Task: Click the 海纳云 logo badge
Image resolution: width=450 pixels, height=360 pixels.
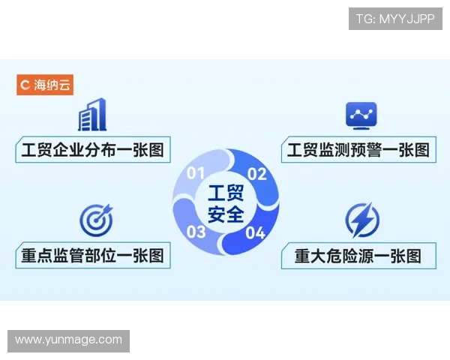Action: [44, 85]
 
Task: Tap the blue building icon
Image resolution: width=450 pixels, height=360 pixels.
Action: [91, 115]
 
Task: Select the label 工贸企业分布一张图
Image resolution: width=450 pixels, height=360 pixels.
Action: [92, 149]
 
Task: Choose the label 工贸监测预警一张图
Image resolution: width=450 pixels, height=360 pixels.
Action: [358, 149]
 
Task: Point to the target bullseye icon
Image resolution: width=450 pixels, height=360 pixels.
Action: [95, 219]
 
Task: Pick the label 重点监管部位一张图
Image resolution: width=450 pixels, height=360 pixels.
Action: [92, 255]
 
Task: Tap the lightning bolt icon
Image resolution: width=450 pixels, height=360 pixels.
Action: [362, 220]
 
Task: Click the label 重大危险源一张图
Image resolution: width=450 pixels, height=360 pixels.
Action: [358, 256]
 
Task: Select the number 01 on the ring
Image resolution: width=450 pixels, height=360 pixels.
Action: [196, 174]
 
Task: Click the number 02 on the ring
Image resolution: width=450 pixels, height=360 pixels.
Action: [257, 174]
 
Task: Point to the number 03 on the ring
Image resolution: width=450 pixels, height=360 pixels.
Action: [196, 232]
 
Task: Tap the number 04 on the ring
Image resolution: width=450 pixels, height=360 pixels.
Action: [256, 232]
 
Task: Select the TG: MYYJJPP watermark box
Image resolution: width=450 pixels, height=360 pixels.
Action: [395, 19]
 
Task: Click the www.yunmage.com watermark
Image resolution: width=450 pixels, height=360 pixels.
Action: [68, 340]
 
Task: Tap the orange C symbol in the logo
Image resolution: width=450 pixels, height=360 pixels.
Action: [25, 85]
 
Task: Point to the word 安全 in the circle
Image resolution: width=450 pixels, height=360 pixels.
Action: [226, 214]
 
